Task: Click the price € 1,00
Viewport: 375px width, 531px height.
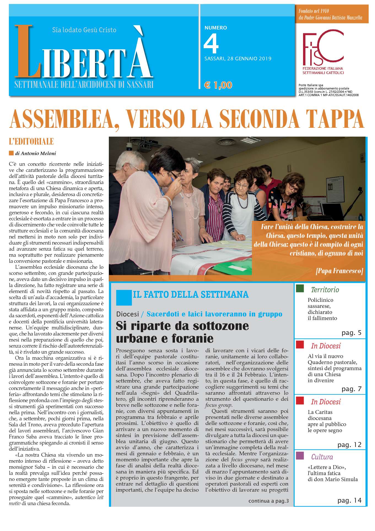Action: pos(218,85)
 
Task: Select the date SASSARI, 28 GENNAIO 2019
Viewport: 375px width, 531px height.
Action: pos(238,59)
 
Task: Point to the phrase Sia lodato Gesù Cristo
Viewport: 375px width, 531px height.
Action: pos(84,30)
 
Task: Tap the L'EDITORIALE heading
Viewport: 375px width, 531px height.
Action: pos(31,142)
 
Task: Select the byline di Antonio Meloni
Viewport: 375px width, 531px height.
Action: pos(36,153)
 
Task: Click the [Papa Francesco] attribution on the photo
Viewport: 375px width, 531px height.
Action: pos(339,271)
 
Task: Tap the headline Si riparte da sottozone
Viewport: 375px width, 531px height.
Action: pos(182,326)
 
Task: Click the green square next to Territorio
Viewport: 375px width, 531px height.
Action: pos(300,289)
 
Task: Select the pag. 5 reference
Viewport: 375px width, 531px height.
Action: pos(351,333)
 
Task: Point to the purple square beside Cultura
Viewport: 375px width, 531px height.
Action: pos(300,456)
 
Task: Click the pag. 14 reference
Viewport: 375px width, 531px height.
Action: pos(349,500)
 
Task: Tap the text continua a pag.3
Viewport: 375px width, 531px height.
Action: pos(268,501)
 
